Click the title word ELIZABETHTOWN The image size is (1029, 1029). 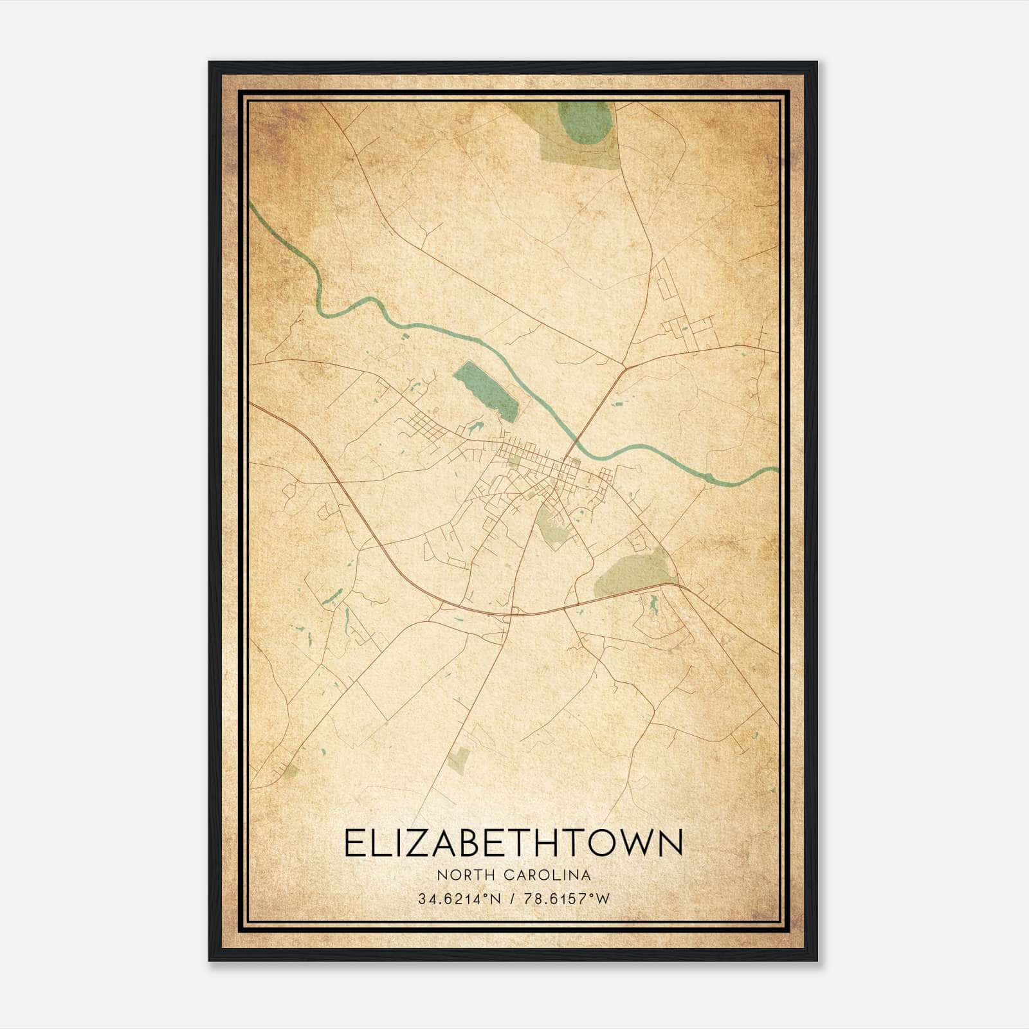click(513, 843)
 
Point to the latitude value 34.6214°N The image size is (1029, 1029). click(459, 899)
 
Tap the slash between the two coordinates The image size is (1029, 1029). click(511, 899)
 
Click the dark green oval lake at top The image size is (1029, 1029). click(585, 122)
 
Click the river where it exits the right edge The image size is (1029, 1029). click(774, 470)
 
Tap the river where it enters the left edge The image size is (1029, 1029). click(253, 208)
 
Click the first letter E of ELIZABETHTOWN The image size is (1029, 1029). click(354, 843)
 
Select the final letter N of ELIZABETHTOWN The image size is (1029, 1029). click(670, 843)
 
